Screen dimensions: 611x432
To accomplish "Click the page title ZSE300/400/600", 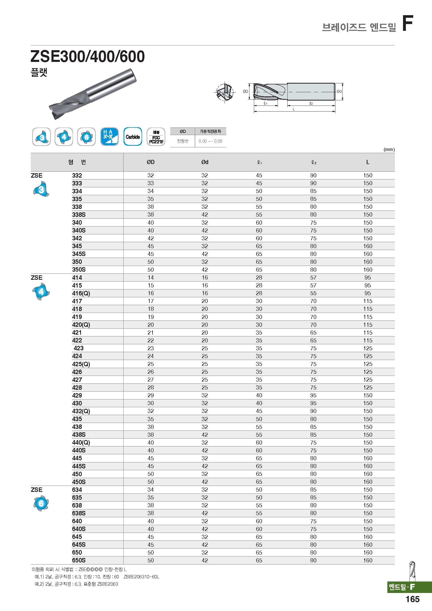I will (x=87, y=56).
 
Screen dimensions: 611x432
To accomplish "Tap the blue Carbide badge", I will (x=133, y=137).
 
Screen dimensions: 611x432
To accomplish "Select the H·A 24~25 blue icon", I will (x=109, y=137).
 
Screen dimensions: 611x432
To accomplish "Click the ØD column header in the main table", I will (x=150, y=162).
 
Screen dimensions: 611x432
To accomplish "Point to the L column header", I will (x=368, y=162).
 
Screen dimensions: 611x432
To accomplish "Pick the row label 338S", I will (x=79, y=215).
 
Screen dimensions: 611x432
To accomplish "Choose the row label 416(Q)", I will (x=81, y=293).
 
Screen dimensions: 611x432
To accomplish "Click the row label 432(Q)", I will (x=81, y=411).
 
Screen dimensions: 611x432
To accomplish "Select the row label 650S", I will (x=79, y=560).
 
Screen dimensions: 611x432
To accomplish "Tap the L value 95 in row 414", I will (x=368, y=278).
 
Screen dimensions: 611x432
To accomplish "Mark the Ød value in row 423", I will (x=205, y=348).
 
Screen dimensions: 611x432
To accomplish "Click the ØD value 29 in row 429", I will (x=150, y=395).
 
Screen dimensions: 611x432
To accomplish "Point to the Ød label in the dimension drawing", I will (x=339, y=91).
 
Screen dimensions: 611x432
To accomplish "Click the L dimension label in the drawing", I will (x=294, y=109).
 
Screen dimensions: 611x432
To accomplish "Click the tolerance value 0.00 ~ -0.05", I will (x=211, y=141).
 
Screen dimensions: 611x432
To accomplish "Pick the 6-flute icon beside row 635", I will (x=41, y=503).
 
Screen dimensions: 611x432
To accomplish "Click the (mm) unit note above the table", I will (x=389, y=150).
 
